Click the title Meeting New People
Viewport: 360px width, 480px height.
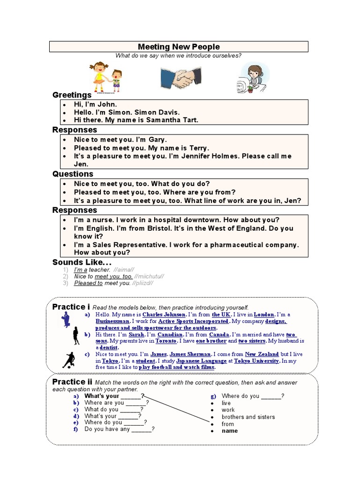(x=179, y=47)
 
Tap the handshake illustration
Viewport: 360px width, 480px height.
(x=180, y=78)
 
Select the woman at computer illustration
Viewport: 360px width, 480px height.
(x=254, y=78)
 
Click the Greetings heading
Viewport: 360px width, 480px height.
(x=72, y=95)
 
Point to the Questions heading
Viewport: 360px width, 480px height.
(x=73, y=174)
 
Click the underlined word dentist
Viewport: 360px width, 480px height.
(x=109, y=348)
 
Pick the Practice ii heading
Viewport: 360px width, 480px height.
(x=72, y=382)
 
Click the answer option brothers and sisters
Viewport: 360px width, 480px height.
(x=248, y=417)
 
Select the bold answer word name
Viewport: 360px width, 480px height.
(x=230, y=431)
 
